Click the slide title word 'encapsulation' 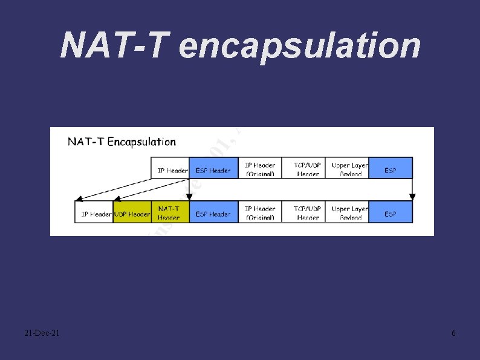pyautogui.click(x=300, y=45)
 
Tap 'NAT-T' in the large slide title pyautogui.click(x=115, y=45)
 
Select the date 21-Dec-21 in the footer pyautogui.click(x=42, y=333)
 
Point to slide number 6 pyautogui.click(x=453, y=333)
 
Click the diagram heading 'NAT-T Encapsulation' pyautogui.click(x=122, y=142)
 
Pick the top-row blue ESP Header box pyautogui.click(x=213, y=168)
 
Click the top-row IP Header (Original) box pyautogui.click(x=260, y=168)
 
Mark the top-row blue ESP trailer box pyautogui.click(x=391, y=168)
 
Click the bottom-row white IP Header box pyautogui.click(x=94, y=212)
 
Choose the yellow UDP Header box pyautogui.click(x=132, y=212)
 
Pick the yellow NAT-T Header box pyautogui.click(x=170, y=212)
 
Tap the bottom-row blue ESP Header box pyautogui.click(x=213, y=212)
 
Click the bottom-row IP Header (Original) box pyautogui.click(x=260, y=212)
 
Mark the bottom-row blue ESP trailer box pyautogui.click(x=391, y=212)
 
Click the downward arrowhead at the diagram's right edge pyautogui.click(x=413, y=196)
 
